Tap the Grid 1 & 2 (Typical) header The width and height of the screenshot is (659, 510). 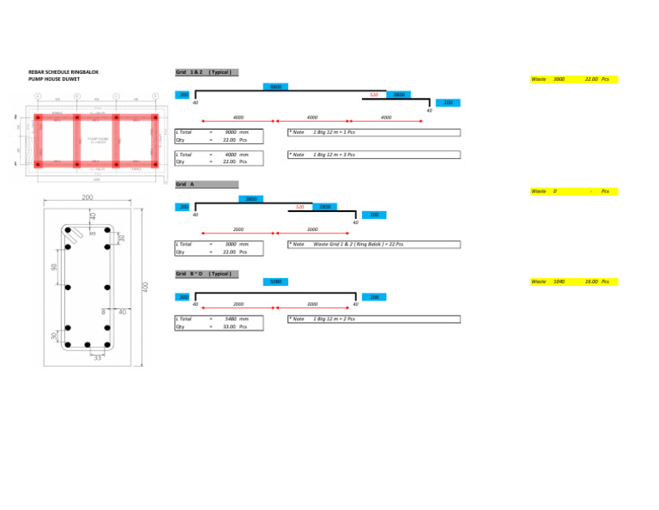click(x=204, y=72)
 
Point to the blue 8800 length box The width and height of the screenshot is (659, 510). click(x=275, y=87)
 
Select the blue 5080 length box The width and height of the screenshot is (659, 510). click(x=275, y=282)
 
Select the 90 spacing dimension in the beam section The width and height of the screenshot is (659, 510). click(x=53, y=268)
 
